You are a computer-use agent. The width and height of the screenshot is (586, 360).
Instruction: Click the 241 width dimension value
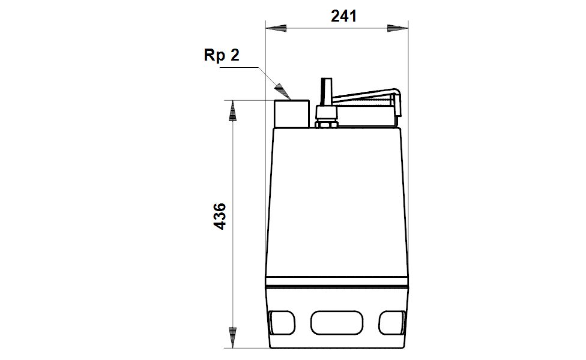coord(343,16)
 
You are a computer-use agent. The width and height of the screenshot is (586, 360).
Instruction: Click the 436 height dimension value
coord(220,216)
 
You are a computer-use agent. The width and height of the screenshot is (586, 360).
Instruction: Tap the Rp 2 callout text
coord(221,55)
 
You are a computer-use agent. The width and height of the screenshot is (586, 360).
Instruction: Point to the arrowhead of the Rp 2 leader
coord(283,91)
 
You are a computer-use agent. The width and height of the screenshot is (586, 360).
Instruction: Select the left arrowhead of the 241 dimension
coord(276,28)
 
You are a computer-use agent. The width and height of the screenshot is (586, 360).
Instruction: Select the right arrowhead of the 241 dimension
coord(397,28)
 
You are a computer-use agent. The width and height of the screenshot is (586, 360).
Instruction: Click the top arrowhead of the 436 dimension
coord(232,111)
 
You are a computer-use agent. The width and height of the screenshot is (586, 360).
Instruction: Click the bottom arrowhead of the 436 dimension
coord(232,338)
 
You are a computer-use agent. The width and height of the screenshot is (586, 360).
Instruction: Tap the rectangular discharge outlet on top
coord(292,114)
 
